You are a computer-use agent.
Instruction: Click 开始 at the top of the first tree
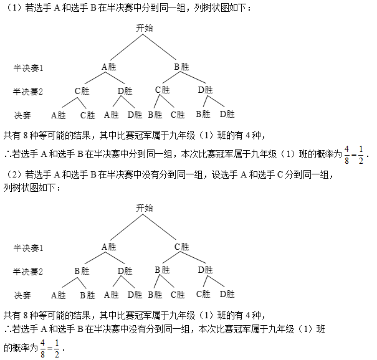(145, 28)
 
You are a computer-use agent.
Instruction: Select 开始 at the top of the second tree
(145, 208)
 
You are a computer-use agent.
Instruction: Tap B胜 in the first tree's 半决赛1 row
(181, 67)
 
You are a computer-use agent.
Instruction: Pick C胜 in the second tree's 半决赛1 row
(181, 247)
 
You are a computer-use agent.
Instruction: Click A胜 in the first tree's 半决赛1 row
(109, 67)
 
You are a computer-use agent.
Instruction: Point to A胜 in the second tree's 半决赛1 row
(109, 247)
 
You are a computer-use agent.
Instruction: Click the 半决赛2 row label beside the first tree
(28, 92)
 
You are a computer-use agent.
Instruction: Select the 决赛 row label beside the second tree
(22, 295)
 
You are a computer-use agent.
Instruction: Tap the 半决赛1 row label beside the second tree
(29, 248)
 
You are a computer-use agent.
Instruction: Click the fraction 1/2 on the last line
(57, 349)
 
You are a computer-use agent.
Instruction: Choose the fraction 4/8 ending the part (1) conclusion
(346, 155)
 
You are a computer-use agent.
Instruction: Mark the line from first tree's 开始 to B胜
(160, 47)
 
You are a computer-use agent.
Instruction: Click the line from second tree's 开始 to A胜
(126, 227)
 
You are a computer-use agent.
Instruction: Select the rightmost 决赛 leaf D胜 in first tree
(227, 114)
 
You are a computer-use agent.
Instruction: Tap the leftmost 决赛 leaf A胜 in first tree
(59, 115)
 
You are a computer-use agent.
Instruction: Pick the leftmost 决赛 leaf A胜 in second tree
(59, 295)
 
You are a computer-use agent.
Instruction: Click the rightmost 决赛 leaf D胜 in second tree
(227, 294)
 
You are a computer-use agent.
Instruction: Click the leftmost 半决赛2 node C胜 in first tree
(82, 91)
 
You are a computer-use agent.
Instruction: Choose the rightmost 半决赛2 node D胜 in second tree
(206, 270)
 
